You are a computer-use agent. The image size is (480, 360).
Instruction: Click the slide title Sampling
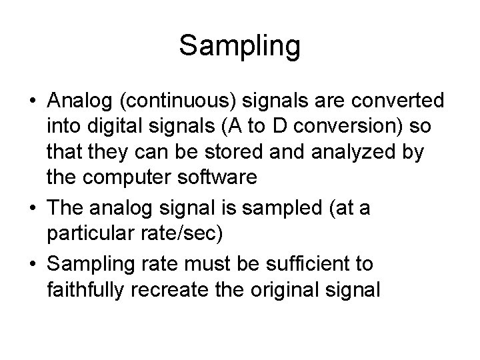pos(240,46)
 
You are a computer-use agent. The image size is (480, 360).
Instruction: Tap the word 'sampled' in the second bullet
pos(298,209)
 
